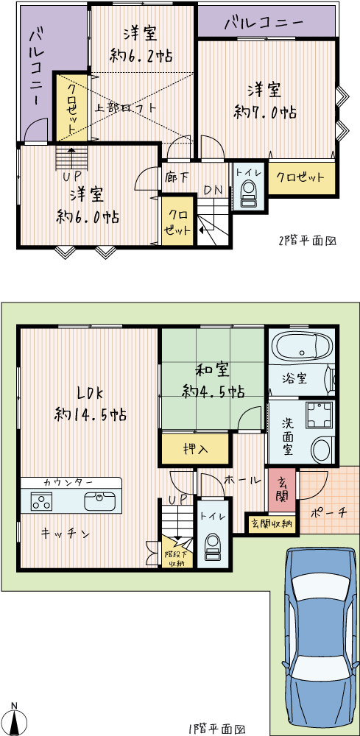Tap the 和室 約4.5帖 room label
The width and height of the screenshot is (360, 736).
tap(213, 381)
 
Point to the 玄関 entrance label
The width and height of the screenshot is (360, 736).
tap(282, 490)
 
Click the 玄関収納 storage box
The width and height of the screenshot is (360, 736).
tap(272, 523)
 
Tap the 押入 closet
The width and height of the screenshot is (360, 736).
tap(196, 449)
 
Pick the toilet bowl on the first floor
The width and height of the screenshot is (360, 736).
tap(213, 547)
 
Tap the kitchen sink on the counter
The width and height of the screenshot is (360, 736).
tap(99, 500)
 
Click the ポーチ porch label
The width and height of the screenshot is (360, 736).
tap(329, 513)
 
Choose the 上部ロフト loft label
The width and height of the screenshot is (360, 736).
tap(125, 107)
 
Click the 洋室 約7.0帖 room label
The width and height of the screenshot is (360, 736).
tap(265, 100)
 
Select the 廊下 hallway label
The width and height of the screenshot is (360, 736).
tap(177, 177)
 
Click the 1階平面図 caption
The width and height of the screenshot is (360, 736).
tap(217, 729)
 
